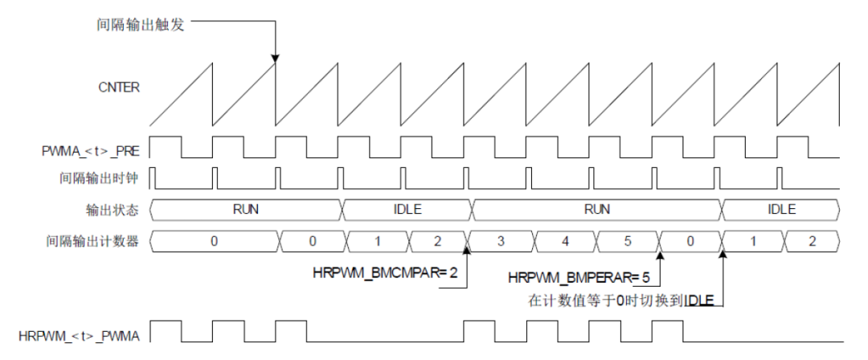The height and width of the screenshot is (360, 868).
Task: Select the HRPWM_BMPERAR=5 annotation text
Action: click(579, 278)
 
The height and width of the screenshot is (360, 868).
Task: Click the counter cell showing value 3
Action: click(501, 240)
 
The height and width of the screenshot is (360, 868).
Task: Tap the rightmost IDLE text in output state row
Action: click(781, 210)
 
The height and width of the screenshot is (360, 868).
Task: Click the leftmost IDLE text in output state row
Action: click(407, 210)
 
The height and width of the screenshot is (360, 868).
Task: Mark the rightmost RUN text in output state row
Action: click(596, 210)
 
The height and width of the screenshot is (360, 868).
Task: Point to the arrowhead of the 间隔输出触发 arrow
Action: click(276, 58)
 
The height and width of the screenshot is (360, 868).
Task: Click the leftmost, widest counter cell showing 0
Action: click(214, 240)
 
